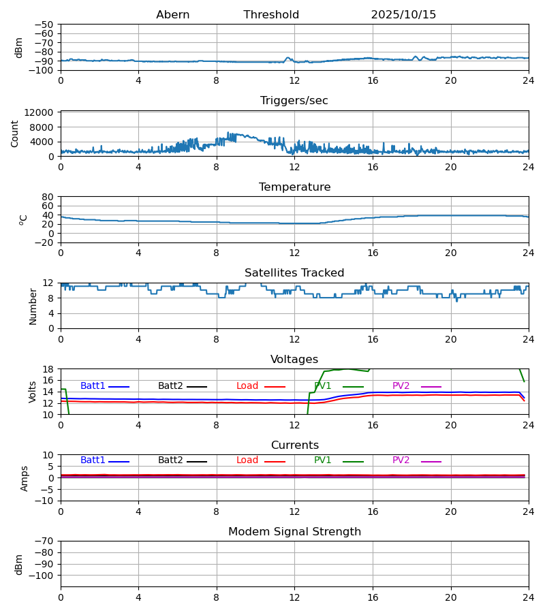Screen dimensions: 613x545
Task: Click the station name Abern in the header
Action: [172, 15]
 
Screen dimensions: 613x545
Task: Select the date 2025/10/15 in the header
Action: [403, 15]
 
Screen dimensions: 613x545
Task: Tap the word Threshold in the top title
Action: [271, 15]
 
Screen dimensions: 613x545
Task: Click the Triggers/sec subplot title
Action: [294, 101]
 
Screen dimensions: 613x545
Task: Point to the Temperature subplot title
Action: [294, 187]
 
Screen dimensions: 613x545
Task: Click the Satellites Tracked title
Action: [294, 273]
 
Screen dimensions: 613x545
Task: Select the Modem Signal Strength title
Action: [294, 532]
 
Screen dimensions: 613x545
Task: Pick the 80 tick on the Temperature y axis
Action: [48, 197]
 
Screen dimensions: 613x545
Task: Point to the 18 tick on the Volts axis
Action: [48, 369]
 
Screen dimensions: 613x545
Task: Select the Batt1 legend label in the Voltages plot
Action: [93, 386]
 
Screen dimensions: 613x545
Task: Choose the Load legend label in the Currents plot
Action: [247, 460]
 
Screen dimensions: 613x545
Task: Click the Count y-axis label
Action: [15, 133]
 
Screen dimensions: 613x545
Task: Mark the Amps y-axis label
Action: [25, 478]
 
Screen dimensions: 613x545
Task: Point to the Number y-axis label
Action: [33, 306]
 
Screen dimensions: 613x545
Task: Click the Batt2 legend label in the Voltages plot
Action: [170, 386]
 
